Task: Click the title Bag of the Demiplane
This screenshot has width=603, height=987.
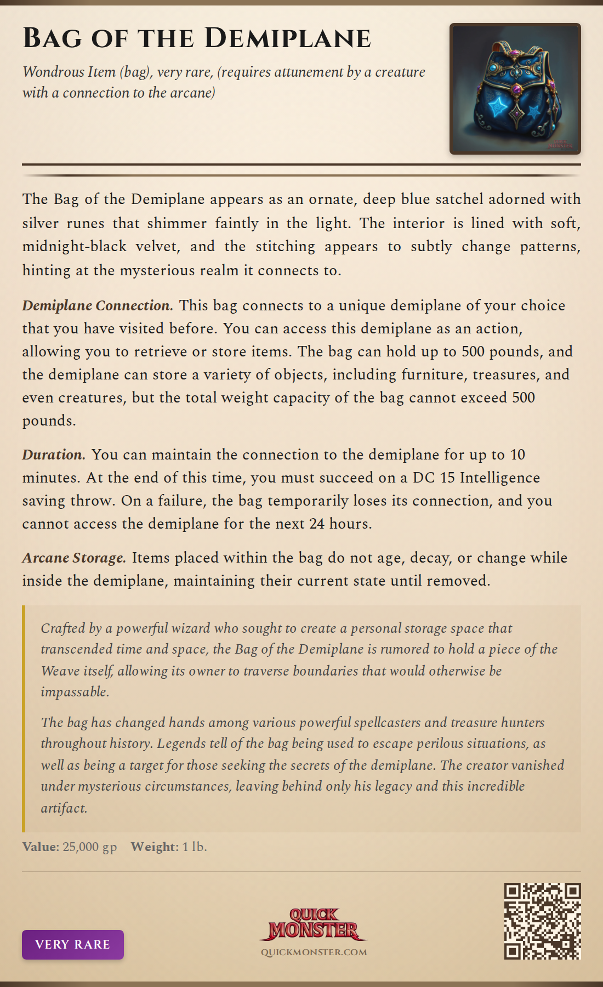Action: (197, 38)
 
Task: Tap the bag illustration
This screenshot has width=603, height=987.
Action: (515, 89)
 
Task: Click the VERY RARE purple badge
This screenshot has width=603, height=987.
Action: (73, 944)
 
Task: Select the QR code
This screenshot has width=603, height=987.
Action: (542, 921)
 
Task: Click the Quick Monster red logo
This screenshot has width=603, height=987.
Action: (314, 924)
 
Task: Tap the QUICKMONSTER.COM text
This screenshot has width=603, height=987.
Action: (314, 952)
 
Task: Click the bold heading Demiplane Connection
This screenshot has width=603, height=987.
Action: (98, 305)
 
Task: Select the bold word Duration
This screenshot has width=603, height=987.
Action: (53, 455)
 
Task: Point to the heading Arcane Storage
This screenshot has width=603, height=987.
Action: (74, 558)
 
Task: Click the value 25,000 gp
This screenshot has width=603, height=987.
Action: (90, 847)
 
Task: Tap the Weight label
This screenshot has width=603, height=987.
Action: (155, 847)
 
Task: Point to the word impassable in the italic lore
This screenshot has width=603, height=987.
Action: (75, 691)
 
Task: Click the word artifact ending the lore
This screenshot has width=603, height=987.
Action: (64, 808)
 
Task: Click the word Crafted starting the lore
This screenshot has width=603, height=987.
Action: (63, 628)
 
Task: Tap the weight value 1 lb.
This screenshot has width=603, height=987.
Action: (195, 847)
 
